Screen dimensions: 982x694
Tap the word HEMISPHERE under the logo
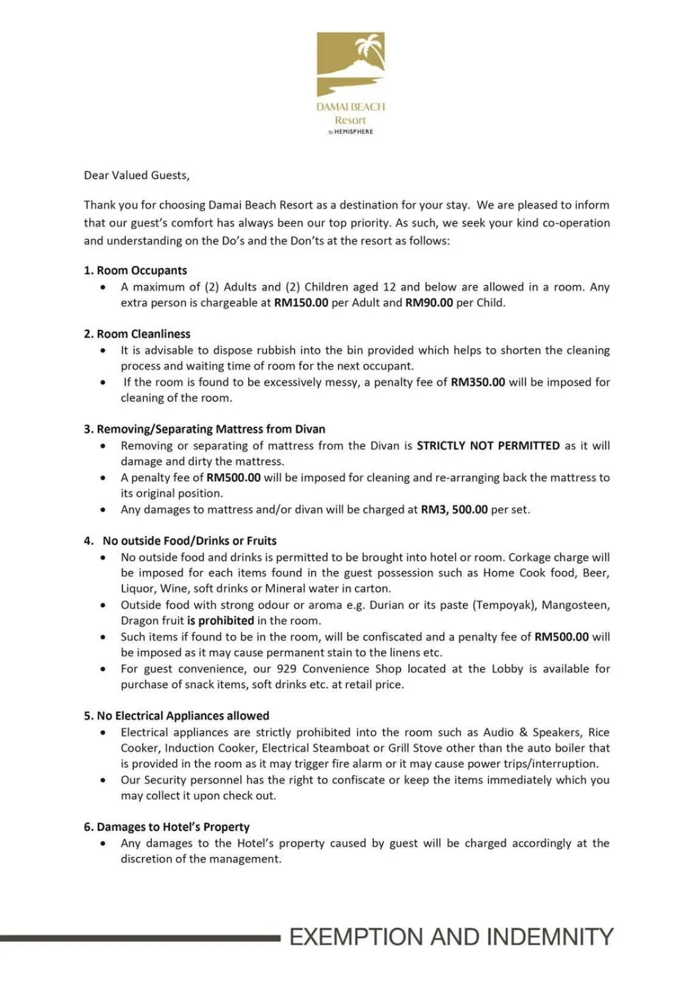(353, 132)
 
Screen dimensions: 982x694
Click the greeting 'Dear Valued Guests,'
(137, 176)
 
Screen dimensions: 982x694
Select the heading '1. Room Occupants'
(135, 271)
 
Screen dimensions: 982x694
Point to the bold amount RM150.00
(301, 303)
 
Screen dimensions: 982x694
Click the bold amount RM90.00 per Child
(429, 303)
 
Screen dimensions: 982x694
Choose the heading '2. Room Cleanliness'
(137, 334)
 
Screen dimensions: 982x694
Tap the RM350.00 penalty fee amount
(478, 382)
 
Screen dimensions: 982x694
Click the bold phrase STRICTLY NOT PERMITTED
(488, 446)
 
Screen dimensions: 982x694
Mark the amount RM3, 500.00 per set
(454, 510)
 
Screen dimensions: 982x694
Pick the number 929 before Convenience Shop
(287, 669)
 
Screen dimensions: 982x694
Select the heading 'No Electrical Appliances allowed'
(176, 716)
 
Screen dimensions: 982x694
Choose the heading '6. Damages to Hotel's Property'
(166, 827)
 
